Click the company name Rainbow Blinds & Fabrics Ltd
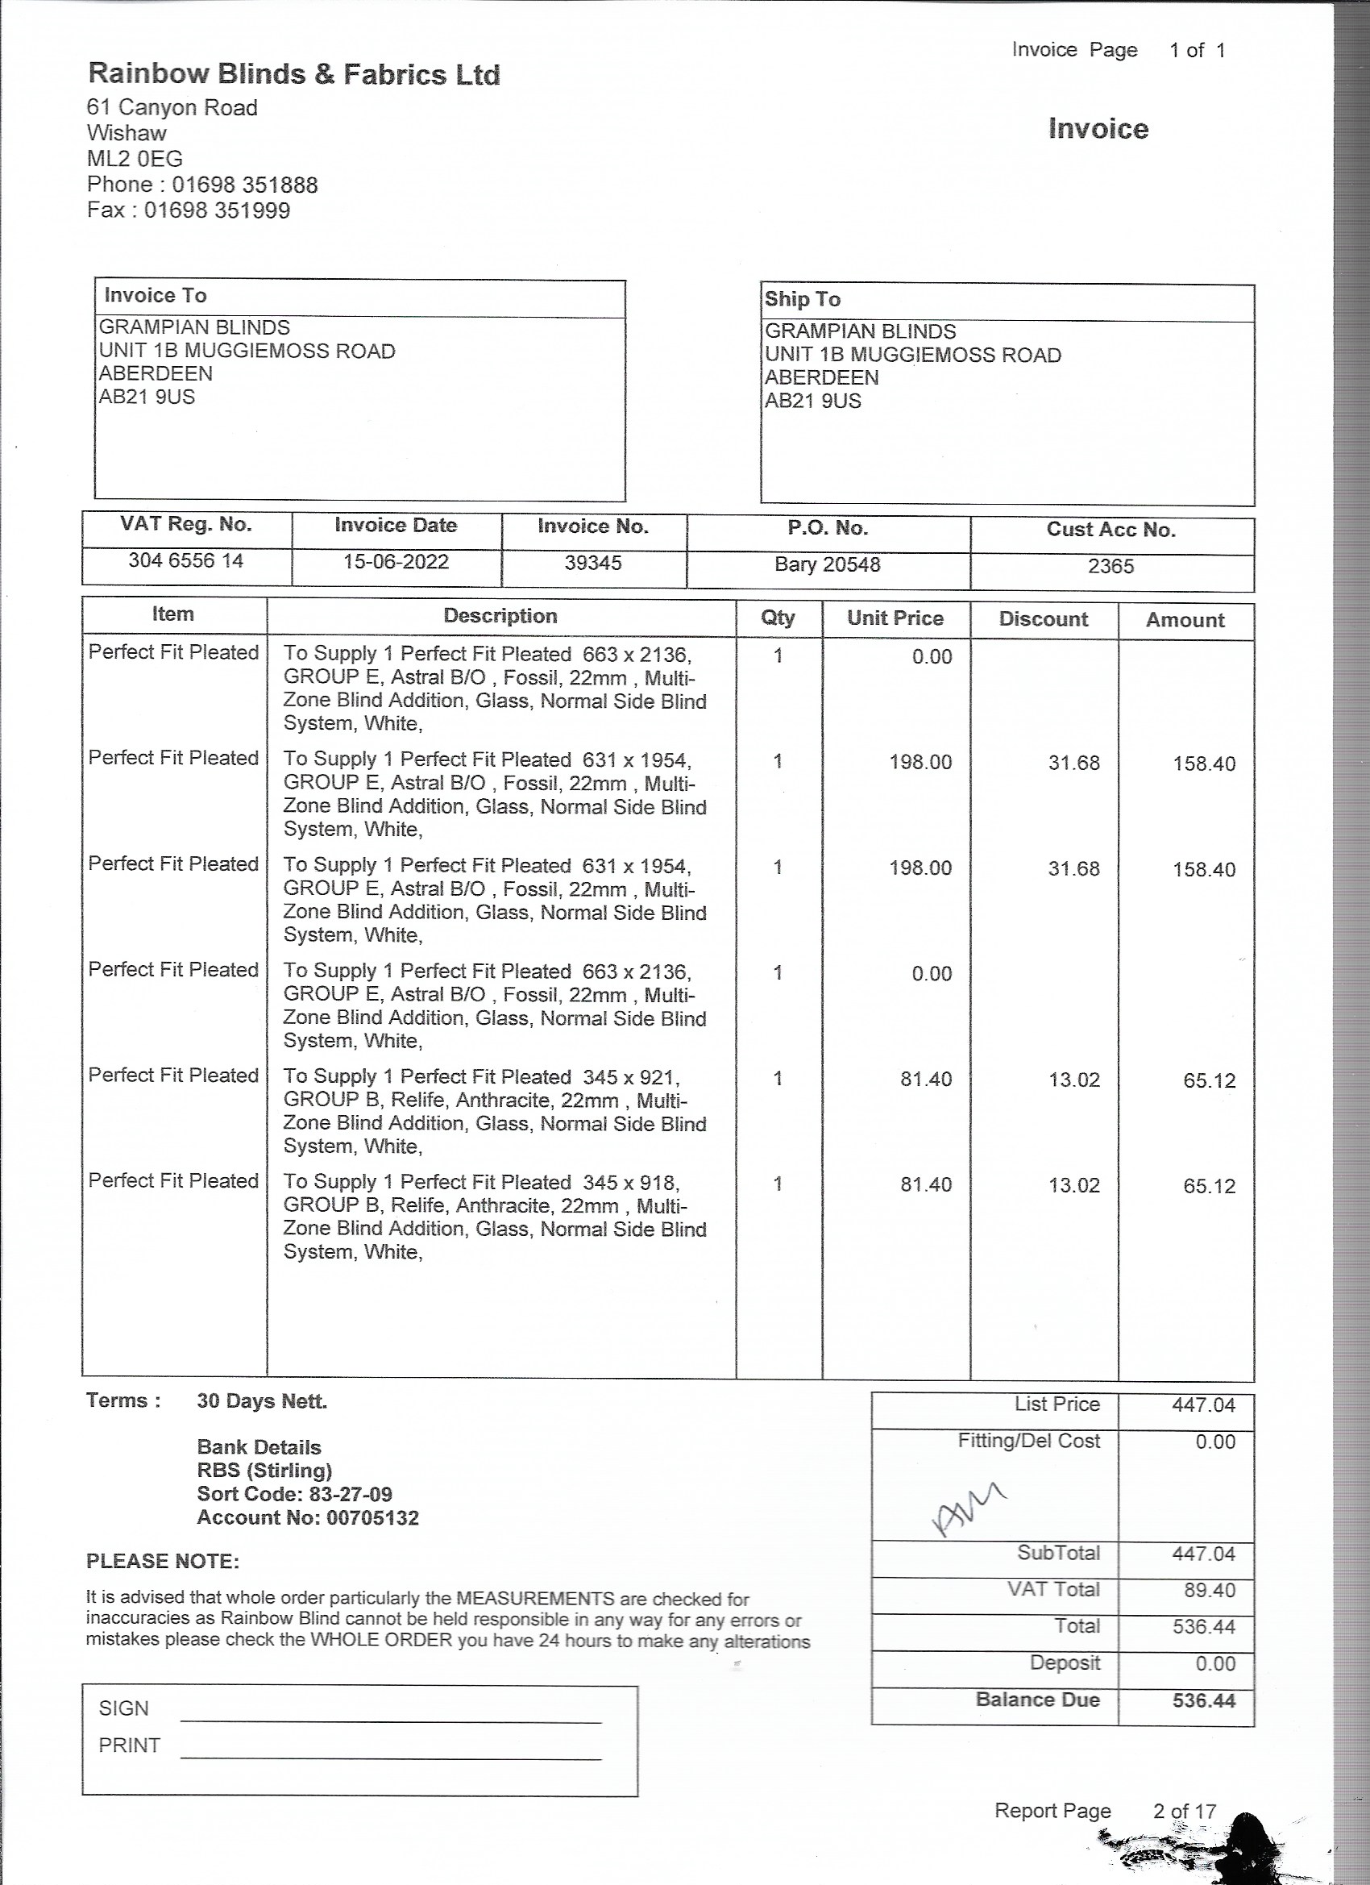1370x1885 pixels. click(294, 75)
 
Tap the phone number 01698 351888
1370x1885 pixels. click(244, 185)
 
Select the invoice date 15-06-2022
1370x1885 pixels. click(396, 562)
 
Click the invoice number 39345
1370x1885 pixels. click(593, 563)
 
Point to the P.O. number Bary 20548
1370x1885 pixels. click(827, 564)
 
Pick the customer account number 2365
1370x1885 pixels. click(1111, 566)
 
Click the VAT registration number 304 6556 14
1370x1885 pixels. click(185, 560)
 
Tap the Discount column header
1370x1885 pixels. click(1043, 619)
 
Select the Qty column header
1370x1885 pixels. click(778, 618)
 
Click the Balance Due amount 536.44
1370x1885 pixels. click(1203, 1700)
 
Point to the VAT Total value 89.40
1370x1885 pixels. click(1210, 1590)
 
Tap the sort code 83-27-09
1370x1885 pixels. click(351, 1494)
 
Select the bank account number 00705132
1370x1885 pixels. click(372, 1517)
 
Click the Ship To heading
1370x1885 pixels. click(803, 299)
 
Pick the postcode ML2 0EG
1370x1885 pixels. click(135, 159)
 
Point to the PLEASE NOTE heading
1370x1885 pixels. click(163, 1561)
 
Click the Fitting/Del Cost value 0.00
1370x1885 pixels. click(1214, 1442)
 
